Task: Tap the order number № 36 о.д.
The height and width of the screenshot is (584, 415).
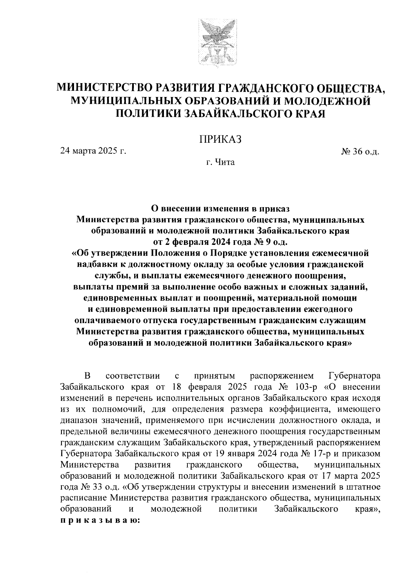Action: [361, 152]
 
